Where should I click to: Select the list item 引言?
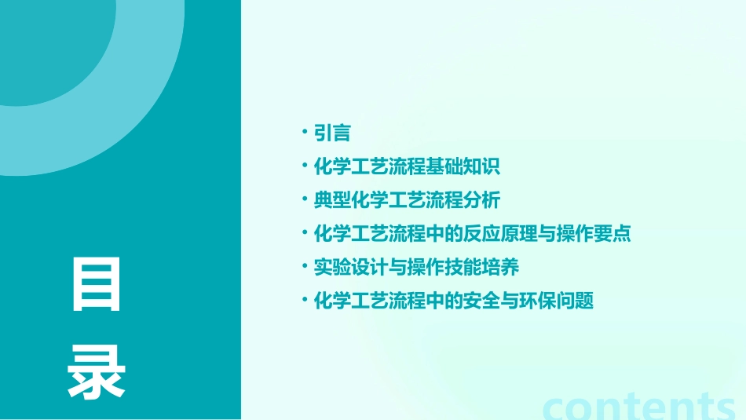pyautogui.click(x=332, y=133)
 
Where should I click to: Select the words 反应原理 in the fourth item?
pyautogui.click(x=520, y=234)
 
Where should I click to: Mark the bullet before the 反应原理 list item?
pyautogui.click(x=305, y=232)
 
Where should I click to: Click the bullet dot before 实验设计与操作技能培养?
pyautogui.click(x=305, y=266)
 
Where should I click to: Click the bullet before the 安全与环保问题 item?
pyautogui.click(x=305, y=299)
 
